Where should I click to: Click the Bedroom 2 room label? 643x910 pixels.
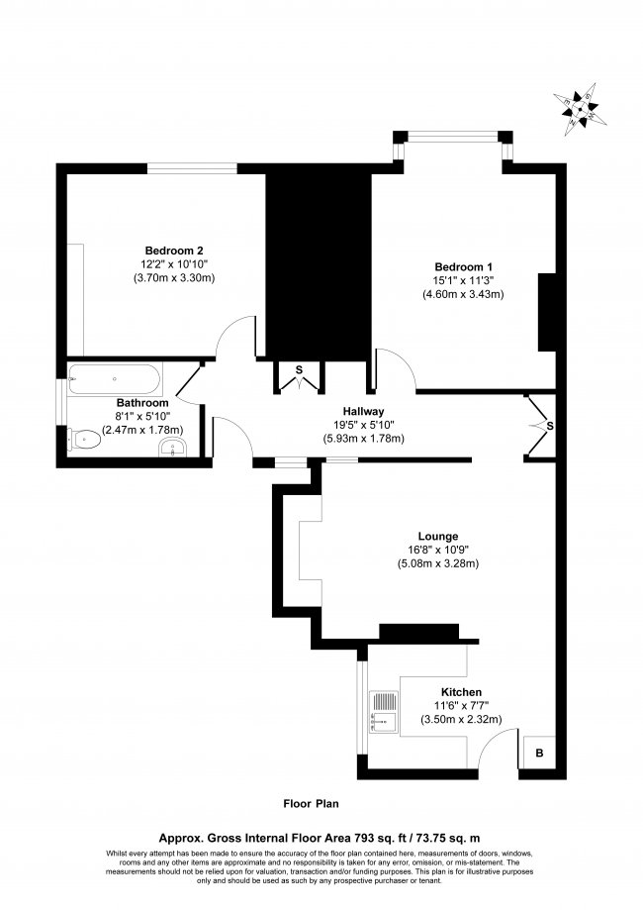(x=174, y=249)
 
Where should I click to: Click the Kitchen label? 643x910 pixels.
(x=461, y=691)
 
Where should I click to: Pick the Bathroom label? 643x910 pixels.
(x=142, y=403)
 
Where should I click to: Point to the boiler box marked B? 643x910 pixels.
(x=539, y=752)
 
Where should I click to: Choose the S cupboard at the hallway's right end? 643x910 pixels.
(x=542, y=426)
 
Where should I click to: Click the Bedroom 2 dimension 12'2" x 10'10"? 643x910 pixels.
(x=174, y=263)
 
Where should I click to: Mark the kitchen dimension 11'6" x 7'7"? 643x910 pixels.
(x=461, y=706)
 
